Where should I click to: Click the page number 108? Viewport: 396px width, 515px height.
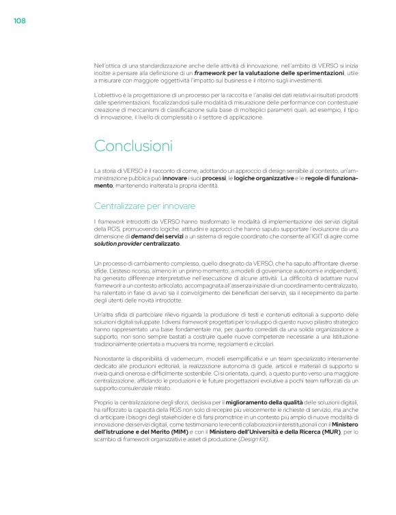19,21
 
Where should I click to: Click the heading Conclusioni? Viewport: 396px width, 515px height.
133,145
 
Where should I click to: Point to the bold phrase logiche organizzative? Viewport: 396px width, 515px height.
259,178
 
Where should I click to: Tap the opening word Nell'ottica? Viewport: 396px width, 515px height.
108,65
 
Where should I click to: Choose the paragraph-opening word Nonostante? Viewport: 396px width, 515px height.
110,359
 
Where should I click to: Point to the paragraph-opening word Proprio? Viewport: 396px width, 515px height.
104,404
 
